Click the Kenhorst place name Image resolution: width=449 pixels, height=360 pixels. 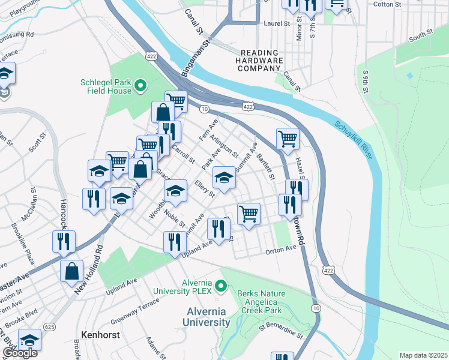click(x=100, y=332)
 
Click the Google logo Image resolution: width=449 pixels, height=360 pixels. click(x=19, y=353)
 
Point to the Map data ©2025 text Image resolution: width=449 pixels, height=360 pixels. click(x=423, y=355)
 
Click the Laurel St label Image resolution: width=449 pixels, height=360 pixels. click(x=277, y=24)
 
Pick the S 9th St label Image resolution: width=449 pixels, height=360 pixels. click(x=365, y=83)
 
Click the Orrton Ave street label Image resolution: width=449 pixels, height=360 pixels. click(x=282, y=249)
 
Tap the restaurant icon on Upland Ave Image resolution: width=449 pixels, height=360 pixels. click(x=174, y=241)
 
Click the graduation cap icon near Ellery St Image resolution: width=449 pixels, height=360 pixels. click(x=224, y=177)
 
